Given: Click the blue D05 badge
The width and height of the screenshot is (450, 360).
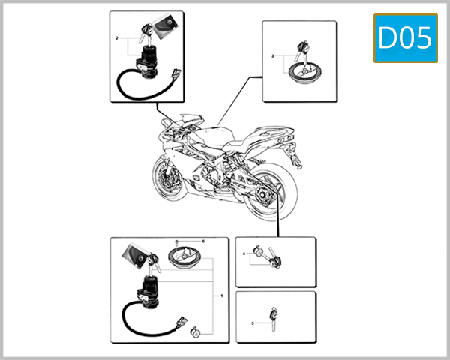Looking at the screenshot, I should [405, 38].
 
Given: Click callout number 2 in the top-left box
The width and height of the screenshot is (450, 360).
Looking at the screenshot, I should [117, 37].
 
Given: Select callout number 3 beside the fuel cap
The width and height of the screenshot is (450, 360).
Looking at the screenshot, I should [272, 56].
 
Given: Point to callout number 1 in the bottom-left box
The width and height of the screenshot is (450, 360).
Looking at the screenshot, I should [222, 295].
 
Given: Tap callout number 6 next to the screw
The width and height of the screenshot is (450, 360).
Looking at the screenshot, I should [202, 241].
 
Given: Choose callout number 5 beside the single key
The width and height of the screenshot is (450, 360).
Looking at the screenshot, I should [253, 322].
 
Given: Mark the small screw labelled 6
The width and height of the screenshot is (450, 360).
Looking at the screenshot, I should [175, 242].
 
